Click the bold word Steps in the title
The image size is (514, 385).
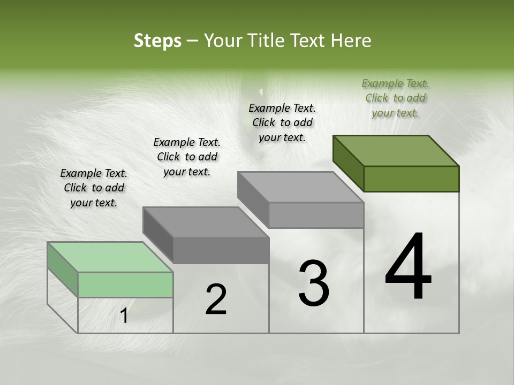(x=157, y=41)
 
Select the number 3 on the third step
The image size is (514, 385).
(x=313, y=283)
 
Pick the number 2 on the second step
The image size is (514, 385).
(x=216, y=299)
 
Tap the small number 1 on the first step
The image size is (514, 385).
(x=124, y=316)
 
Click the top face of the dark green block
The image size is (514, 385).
(x=396, y=150)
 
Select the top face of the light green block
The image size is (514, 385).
(x=110, y=257)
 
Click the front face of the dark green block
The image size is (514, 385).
(x=411, y=179)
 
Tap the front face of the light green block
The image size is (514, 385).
(x=125, y=284)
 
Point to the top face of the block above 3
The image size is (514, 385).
(x=300, y=187)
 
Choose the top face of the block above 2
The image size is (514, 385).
(x=206, y=222)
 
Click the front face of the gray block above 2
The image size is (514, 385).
(x=221, y=250)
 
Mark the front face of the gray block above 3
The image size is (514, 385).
(x=316, y=215)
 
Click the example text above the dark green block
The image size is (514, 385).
(x=395, y=98)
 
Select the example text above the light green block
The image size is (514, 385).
(x=94, y=188)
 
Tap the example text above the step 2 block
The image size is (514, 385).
(x=187, y=157)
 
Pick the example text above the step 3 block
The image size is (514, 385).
(x=282, y=122)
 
